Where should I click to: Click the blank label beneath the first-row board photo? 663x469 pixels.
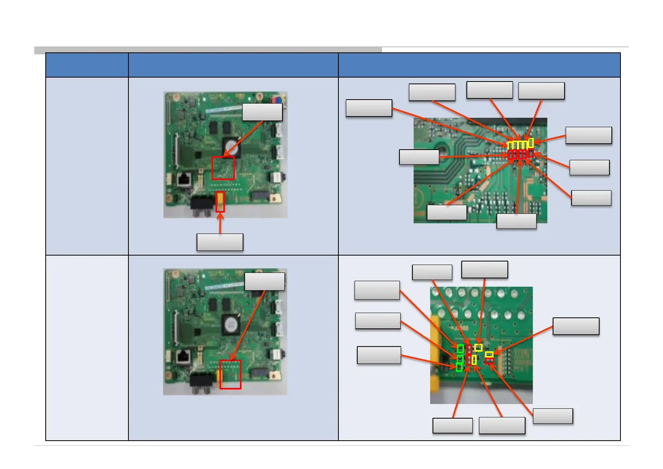tap(220, 242)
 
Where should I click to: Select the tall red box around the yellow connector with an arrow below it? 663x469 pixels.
tap(220, 202)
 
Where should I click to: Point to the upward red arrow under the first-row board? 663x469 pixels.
tap(220, 223)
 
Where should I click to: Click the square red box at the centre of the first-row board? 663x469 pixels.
tap(223, 168)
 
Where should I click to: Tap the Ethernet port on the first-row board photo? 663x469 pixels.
tap(184, 180)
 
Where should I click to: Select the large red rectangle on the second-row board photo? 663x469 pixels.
tap(230, 374)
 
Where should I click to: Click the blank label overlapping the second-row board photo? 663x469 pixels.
tap(264, 282)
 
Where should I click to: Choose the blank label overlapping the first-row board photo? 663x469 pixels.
tap(262, 112)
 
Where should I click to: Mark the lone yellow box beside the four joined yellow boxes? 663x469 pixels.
tap(531, 143)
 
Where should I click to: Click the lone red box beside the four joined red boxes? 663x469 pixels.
tap(531, 153)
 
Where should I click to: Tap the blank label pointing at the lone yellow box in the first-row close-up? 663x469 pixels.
tap(589, 135)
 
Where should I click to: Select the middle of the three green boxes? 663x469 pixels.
tap(460, 359)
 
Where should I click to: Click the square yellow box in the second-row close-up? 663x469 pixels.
tap(478, 348)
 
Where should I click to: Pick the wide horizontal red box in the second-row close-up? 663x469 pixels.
tap(489, 360)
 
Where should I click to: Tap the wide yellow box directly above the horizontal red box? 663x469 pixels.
tap(489, 354)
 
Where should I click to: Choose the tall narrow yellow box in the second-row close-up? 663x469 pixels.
tap(474, 360)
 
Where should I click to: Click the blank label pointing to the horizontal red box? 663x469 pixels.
tap(553, 416)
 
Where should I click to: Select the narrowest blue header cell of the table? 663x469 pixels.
tap(87, 65)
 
